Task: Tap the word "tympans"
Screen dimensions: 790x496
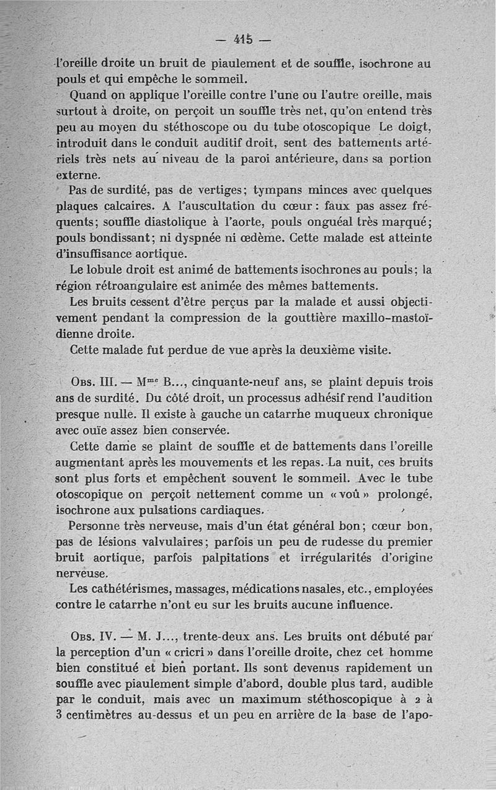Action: point(281,190)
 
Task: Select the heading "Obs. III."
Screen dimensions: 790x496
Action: point(89,382)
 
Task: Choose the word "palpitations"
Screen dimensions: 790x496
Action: point(237,557)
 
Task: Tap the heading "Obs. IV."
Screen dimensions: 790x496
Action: point(89,637)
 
